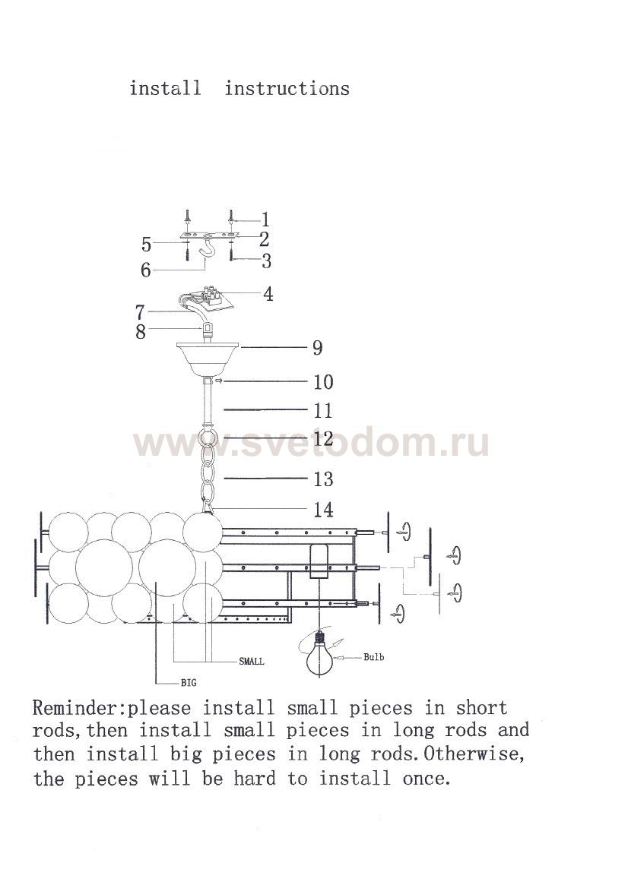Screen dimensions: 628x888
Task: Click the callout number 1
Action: coord(265,220)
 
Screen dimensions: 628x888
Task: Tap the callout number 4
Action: coord(268,295)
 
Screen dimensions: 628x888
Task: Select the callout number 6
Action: coord(146,270)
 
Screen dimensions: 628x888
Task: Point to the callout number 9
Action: coord(317,348)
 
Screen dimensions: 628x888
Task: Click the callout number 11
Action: coord(323,411)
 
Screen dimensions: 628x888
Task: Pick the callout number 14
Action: coord(324,510)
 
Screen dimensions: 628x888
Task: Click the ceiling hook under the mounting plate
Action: coord(210,253)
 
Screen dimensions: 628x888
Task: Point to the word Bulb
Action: coord(373,657)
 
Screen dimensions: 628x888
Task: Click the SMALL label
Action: coord(251,661)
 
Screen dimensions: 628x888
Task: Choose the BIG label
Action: coord(189,683)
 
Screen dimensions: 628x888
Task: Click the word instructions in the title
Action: coord(287,88)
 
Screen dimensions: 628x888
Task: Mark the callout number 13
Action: coord(324,479)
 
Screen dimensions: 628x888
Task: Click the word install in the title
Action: coord(166,88)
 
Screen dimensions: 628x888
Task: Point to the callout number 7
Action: coord(140,312)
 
